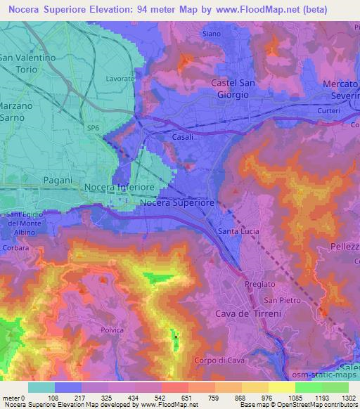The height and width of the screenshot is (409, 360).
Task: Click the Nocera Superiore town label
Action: [x=177, y=202]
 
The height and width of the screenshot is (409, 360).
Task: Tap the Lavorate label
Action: [x=120, y=79]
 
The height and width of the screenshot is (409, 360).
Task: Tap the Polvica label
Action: [x=112, y=330]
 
